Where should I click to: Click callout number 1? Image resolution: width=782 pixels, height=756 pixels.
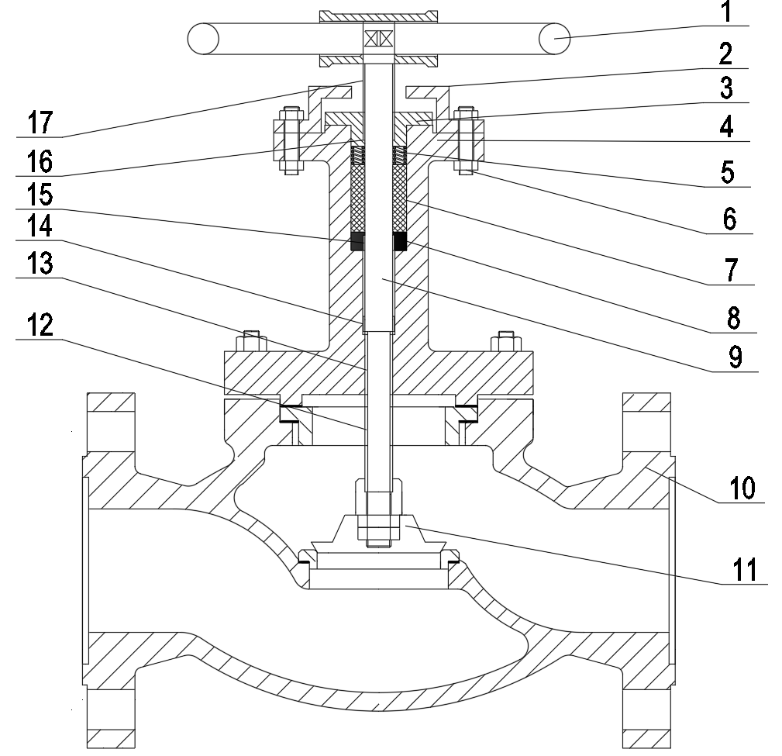(x=727, y=12)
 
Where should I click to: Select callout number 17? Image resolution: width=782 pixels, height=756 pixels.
(x=40, y=123)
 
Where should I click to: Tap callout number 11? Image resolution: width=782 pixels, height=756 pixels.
(x=745, y=571)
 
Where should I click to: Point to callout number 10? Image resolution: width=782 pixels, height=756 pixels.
(x=742, y=488)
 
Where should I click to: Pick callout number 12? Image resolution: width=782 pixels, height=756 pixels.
(x=40, y=326)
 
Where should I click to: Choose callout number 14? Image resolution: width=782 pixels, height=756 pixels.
(x=40, y=226)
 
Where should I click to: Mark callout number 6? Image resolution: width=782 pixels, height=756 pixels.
(x=729, y=219)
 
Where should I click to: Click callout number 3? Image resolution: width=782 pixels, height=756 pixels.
(x=727, y=88)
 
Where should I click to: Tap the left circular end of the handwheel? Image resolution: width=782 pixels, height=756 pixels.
(x=204, y=39)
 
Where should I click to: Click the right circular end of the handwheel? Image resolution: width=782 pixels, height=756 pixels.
(x=555, y=39)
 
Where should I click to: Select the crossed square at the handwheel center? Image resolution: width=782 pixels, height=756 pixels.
(x=379, y=39)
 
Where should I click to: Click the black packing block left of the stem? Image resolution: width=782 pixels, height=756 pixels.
(x=358, y=241)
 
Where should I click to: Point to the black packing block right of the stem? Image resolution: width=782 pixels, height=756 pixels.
(x=400, y=241)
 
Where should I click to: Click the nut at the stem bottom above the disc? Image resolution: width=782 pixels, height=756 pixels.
(x=379, y=512)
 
